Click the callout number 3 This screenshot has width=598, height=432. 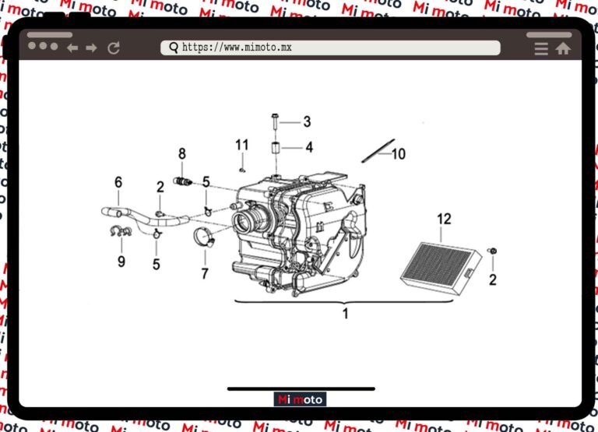pos(307,121)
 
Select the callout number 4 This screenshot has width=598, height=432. pos(309,147)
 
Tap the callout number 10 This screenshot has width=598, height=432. pos(399,154)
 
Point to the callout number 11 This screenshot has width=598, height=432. pos(242,145)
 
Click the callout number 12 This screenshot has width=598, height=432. pos(444,219)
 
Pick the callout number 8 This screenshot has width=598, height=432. pos(182,153)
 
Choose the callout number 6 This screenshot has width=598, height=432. pos(118,182)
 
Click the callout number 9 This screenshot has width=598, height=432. pos(121,262)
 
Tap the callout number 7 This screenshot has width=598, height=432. pos(205,274)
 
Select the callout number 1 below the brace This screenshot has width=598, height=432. pos(345,314)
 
